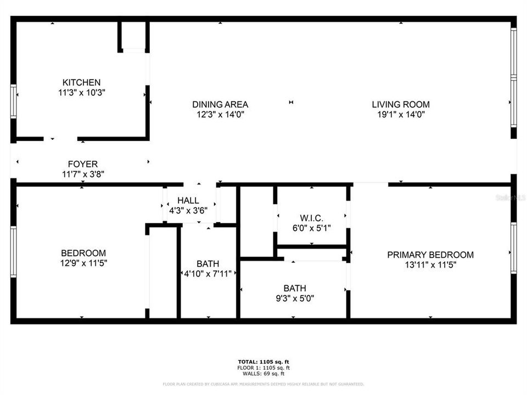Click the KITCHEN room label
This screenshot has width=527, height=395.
pos(81,82)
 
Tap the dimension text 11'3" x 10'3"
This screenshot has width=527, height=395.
pos(81,93)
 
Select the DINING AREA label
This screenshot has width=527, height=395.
pos(220,104)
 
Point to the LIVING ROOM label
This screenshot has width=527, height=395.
pos(401,104)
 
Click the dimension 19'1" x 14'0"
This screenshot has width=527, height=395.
pos(401,115)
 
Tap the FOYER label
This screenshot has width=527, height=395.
pos(83,164)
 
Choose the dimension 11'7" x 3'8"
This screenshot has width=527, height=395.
pos(83,174)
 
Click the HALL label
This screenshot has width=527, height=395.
pos(188,201)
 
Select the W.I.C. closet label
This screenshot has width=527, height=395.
pos(311,218)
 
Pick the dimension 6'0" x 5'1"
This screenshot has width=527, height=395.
pos(311,229)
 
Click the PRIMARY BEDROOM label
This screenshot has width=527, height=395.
pos(430,255)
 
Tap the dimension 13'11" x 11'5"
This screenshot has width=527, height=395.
pos(430,265)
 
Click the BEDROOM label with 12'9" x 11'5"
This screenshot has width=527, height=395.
pos(83,253)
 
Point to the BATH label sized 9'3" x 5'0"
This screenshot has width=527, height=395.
pos(295,288)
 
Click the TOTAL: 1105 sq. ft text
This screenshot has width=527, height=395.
pos(263,362)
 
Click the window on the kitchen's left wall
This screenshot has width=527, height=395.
pos(13,101)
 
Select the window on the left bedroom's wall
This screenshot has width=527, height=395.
pos(13,252)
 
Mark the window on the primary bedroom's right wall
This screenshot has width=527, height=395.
pos(513,248)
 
